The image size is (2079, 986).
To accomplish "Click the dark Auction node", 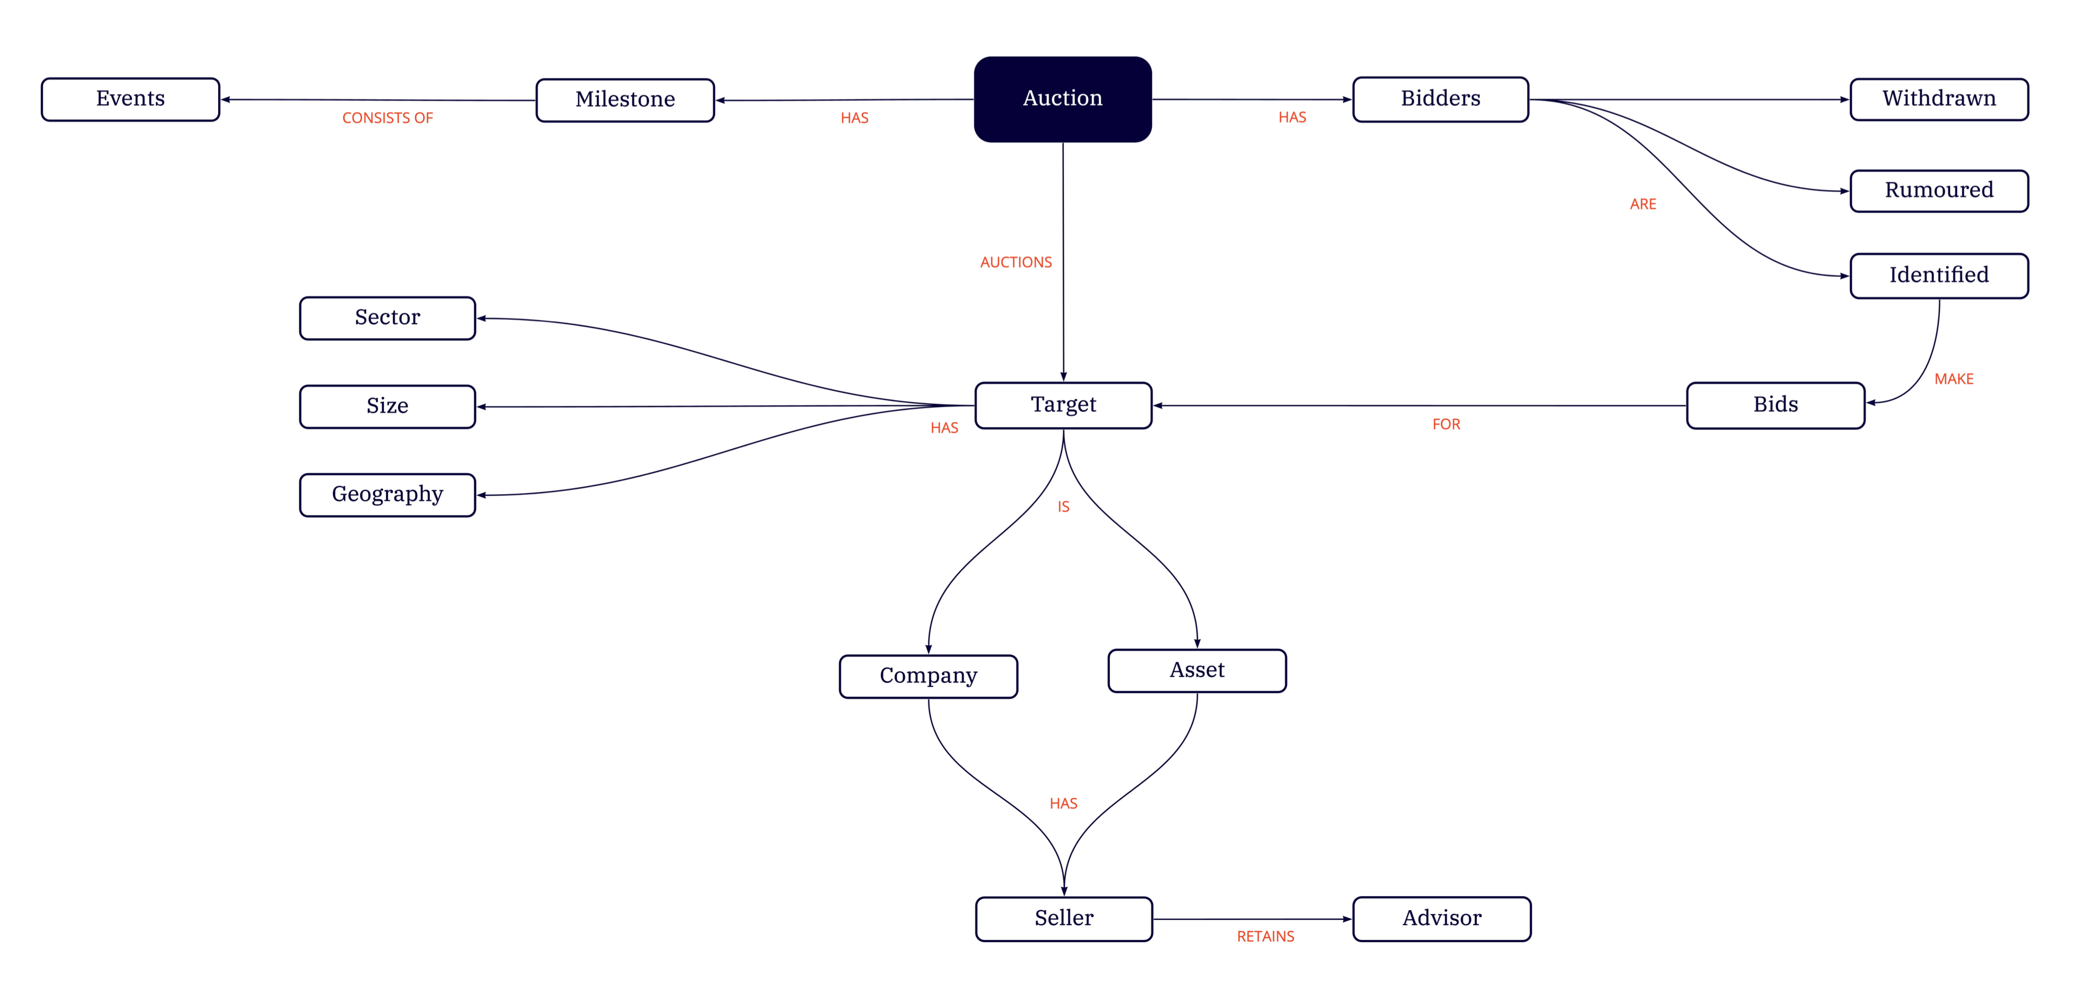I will (x=1062, y=99).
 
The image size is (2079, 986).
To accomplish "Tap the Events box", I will (x=130, y=99).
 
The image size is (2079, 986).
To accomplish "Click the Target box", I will (x=1063, y=405).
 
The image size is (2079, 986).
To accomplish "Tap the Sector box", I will (x=388, y=318).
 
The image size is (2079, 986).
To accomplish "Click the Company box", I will (x=928, y=676).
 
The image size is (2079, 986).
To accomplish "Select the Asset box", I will (x=1197, y=671).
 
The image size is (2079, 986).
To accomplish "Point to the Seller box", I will (x=1064, y=918).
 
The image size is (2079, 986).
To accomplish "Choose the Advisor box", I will (x=1441, y=918).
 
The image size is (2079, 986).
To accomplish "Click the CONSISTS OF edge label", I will (x=388, y=119).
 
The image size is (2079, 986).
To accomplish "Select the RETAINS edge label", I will (x=1265, y=937).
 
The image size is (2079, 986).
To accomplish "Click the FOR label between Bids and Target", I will (x=1446, y=424).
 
